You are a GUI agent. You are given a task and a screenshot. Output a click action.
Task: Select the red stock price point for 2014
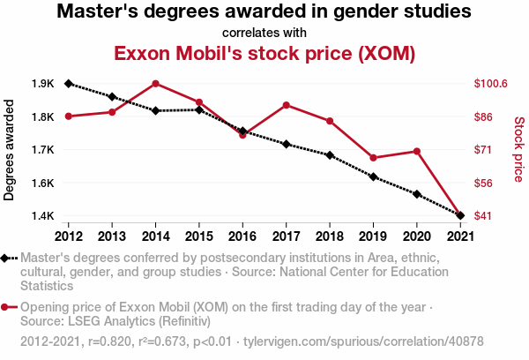click(155, 84)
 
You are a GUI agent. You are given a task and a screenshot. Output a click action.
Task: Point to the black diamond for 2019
click(373, 177)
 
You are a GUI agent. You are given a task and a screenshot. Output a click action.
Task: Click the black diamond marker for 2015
click(199, 109)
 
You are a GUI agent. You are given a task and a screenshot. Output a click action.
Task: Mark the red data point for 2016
click(242, 135)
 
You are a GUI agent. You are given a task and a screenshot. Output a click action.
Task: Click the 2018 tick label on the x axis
click(329, 236)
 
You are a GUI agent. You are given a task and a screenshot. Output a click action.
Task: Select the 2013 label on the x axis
click(112, 236)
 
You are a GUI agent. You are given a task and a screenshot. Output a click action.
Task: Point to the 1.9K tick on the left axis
click(43, 84)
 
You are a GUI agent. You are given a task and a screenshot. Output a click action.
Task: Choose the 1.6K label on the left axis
click(43, 183)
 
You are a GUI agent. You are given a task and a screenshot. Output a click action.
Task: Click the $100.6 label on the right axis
click(490, 84)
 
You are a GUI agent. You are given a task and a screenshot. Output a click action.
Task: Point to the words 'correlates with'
click(264, 34)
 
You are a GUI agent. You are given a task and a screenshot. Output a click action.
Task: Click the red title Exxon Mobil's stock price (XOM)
click(264, 53)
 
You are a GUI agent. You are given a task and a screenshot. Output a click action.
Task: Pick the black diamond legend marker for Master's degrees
click(5, 258)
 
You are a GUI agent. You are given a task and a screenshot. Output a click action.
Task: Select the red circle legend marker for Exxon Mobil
click(5, 307)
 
